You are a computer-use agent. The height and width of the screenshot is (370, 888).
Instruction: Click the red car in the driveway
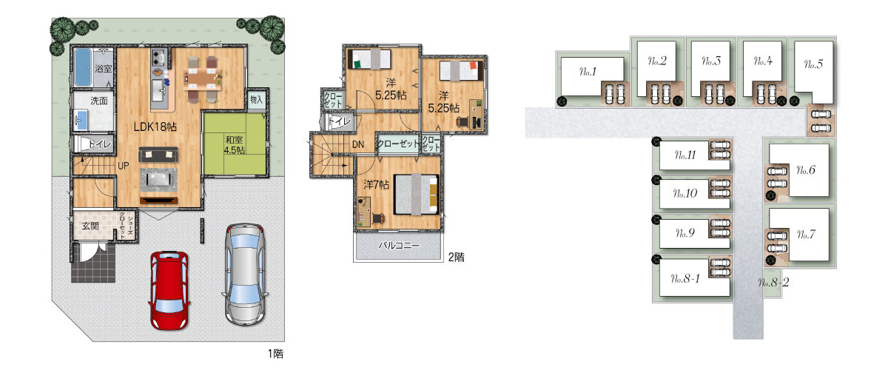pyautogui.click(x=169, y=290)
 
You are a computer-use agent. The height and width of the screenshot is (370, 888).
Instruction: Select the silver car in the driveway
pyautogui.click(x=245, y=274)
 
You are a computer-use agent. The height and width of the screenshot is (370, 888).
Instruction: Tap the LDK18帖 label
pyautogui.click(x=155, y=127)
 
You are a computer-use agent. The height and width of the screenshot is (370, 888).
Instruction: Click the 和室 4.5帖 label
pyautogui.click(x=235, y=145)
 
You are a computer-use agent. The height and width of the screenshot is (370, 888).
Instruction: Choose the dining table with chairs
pyautogui.click(x=203, y=79)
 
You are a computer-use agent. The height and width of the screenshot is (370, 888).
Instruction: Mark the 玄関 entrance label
pyautogui.click(x=90, y=226)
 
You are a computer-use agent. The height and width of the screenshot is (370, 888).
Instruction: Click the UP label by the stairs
pyautogui.click(x=124, y=166)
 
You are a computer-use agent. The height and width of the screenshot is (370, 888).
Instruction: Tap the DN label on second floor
pyautogui.click(x=358, y=144)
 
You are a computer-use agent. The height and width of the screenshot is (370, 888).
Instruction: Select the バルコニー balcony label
pyautogui.click(x=398, y=246)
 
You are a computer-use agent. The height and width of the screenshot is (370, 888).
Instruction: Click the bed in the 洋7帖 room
pyautogui.click(x=416, y=195)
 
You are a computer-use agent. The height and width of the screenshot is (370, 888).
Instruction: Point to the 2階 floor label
pyautogui.click(x=457, y=257)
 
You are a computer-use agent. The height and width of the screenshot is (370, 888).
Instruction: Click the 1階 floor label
pyautogui.click(x=275, y=353)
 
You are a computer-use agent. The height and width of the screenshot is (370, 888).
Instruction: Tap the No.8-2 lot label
pyautogui.click(x=773, y=283)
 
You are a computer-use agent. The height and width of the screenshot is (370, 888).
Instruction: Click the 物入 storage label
pyautogui.click(x=257, y=100)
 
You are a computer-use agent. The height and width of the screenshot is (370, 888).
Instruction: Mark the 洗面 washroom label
pyautogui.click(x=99, y=101)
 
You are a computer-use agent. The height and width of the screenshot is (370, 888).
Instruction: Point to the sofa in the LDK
pyautogui.click(x=158, y=154)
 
